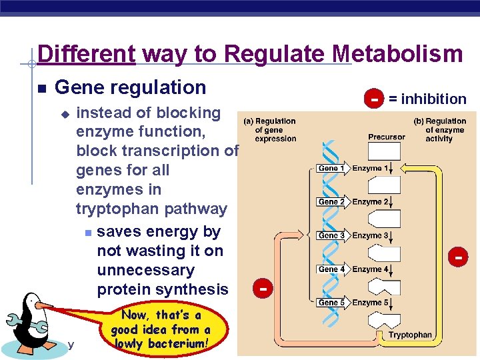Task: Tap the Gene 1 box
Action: tap(331, 169)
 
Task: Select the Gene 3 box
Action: tap(331, 235)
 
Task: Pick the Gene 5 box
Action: tap(331, 302)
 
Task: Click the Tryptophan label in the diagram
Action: tap(409, 335)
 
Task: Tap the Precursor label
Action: tap(386, 137)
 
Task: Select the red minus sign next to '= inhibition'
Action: tap(375, 99)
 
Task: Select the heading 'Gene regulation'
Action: tap(130, 87)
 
